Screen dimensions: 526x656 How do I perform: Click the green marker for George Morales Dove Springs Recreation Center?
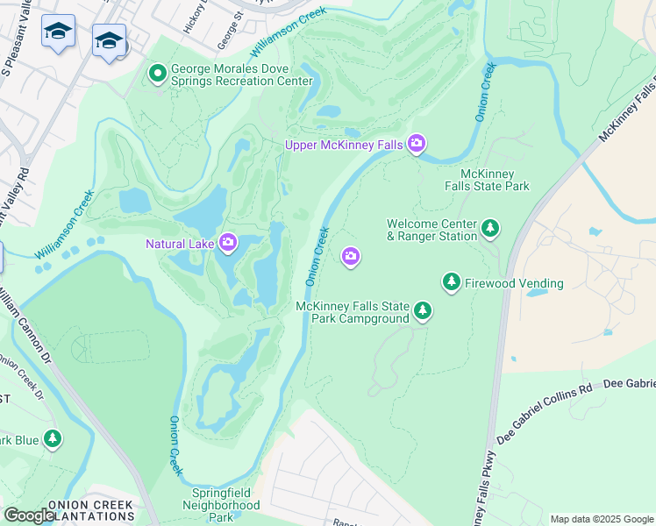(158, 73)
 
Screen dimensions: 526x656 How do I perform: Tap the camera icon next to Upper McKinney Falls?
(416, 143)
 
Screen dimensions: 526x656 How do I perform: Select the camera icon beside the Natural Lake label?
(228, 242)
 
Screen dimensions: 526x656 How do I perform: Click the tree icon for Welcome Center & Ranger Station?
(490, 230)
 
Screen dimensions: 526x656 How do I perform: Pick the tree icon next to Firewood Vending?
(452, 282)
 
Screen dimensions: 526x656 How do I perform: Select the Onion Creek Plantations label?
(90, 511)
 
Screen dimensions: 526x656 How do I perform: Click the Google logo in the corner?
(29, 515)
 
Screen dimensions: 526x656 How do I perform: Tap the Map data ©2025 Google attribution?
(602, 519)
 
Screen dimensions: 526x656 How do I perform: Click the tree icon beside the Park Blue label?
(53, 438)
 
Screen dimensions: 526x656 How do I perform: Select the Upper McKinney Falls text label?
(344, 144)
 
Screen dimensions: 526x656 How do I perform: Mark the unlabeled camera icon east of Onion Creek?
(351, 256)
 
